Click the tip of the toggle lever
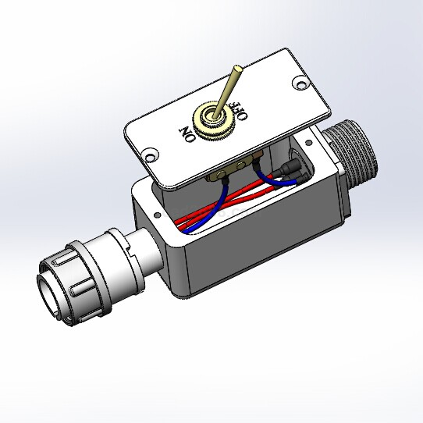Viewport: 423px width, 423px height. tap(238, 68)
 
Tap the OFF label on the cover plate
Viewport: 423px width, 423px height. tap(239, 111)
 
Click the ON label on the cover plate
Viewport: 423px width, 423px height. tap(188, 133)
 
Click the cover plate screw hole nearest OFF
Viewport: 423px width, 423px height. tap(300, 82)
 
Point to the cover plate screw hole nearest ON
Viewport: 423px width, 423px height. tap(150, 155)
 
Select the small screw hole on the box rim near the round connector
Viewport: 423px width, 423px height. tap(157, 215)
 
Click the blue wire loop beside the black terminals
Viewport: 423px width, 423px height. tap(272, 181)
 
